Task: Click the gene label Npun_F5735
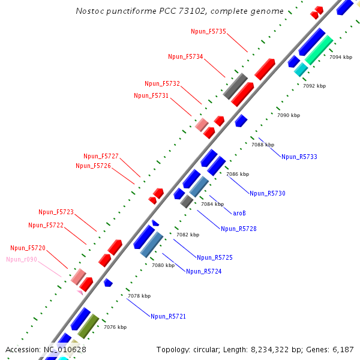point(208,31)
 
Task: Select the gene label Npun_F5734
point(185,56)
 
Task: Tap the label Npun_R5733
point(299,157)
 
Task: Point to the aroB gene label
point(239,212)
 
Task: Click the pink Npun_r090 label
point(22,259)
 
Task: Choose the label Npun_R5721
point(169,316)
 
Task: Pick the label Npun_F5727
point(101,156)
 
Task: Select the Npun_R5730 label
point(268,193)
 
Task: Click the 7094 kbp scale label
point(341,57)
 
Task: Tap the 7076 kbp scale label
point(115,327)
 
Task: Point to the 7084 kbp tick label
point(212,204)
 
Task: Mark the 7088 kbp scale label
point(263,145)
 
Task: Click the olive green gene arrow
point(88,326)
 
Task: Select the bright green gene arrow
point(319,50)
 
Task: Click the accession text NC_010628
point(64,349)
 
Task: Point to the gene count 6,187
point(341,349)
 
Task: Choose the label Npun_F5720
point(28,248)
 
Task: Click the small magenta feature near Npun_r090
point(80,292)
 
